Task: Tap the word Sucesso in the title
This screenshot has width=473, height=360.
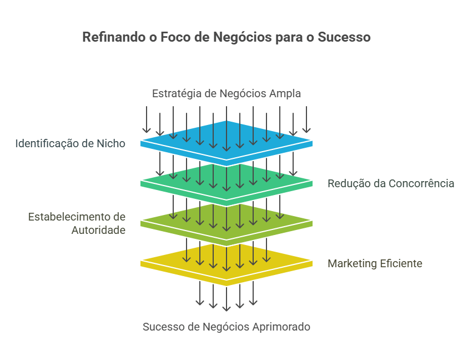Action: click(344, 38)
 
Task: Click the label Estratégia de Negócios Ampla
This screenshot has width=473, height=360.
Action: click(227, 93)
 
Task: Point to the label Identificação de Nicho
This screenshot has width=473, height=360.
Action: click(70, 143)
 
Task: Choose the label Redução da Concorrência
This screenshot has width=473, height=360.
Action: click(391, 183)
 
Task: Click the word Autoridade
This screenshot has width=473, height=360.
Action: click(98, 229)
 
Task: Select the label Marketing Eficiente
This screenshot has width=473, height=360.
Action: click(375, 263)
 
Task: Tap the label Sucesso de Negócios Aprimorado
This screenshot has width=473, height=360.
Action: click(227, 327)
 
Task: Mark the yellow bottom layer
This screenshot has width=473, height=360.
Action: click(227, 257)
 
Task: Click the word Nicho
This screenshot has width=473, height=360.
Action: click(111, 143)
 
